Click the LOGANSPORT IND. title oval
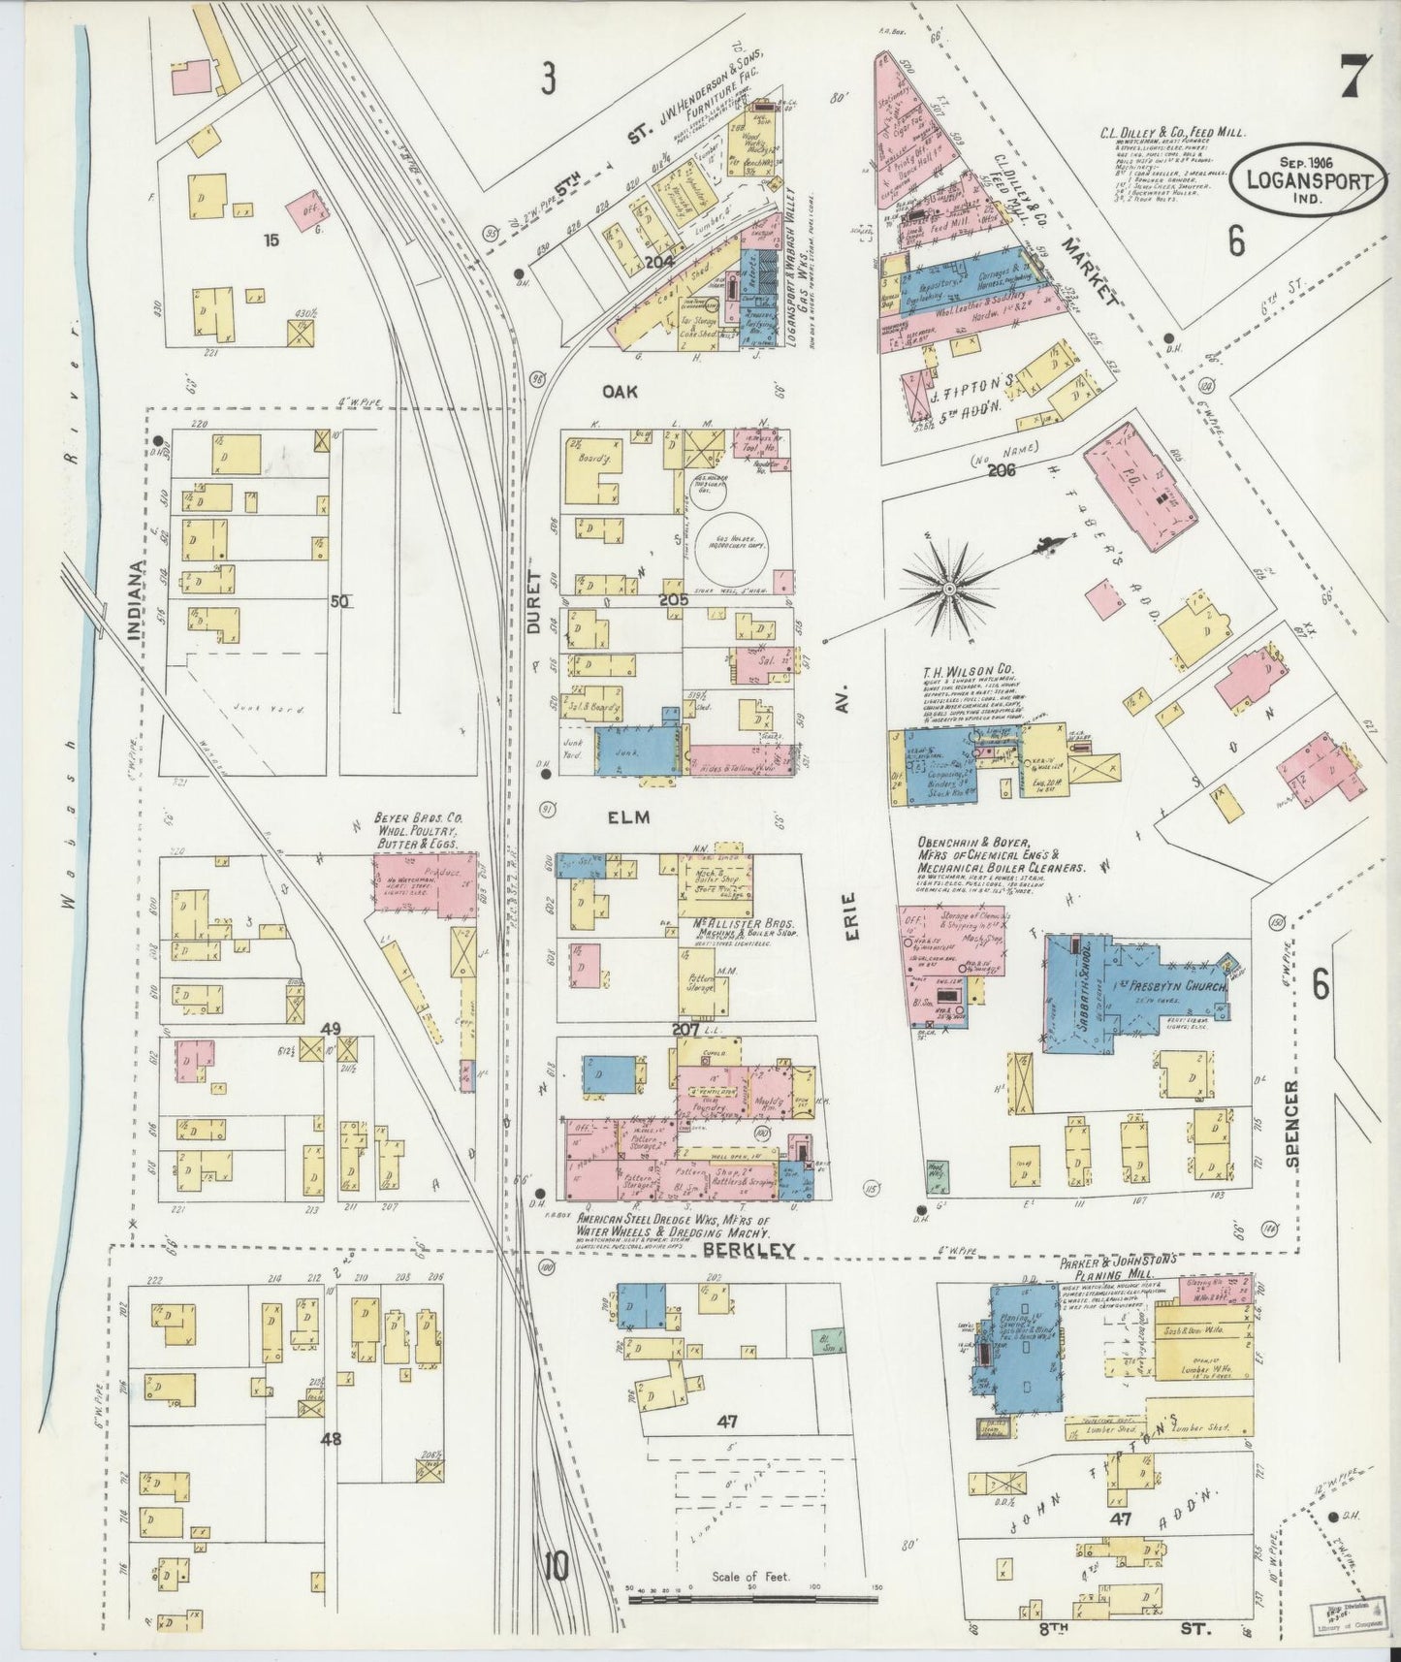point(1307,176)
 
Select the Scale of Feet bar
point(751,1592)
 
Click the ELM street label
point(627,816)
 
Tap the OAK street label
point(617,390)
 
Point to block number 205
point(674,600)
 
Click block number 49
point(333,1028)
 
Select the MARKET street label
point(1089,268)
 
